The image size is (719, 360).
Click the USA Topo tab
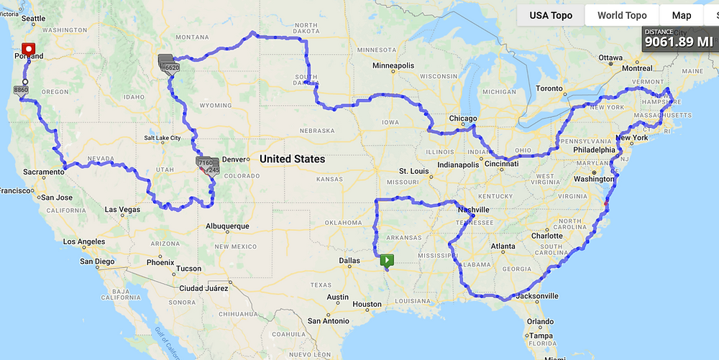[551, 15]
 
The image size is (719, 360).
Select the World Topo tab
[622, 15]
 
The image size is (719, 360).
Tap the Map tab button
[682, 15]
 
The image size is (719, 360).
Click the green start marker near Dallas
[388, 259]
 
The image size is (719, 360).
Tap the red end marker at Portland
[29, 50]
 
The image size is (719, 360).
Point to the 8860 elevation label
[20, 91]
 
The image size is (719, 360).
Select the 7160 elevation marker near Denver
[204, 164]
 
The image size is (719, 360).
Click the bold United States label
[292, 159]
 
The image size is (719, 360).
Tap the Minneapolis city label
[393, 65]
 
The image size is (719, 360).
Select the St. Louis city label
[414, 171]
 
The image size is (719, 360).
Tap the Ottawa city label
[610, 57]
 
